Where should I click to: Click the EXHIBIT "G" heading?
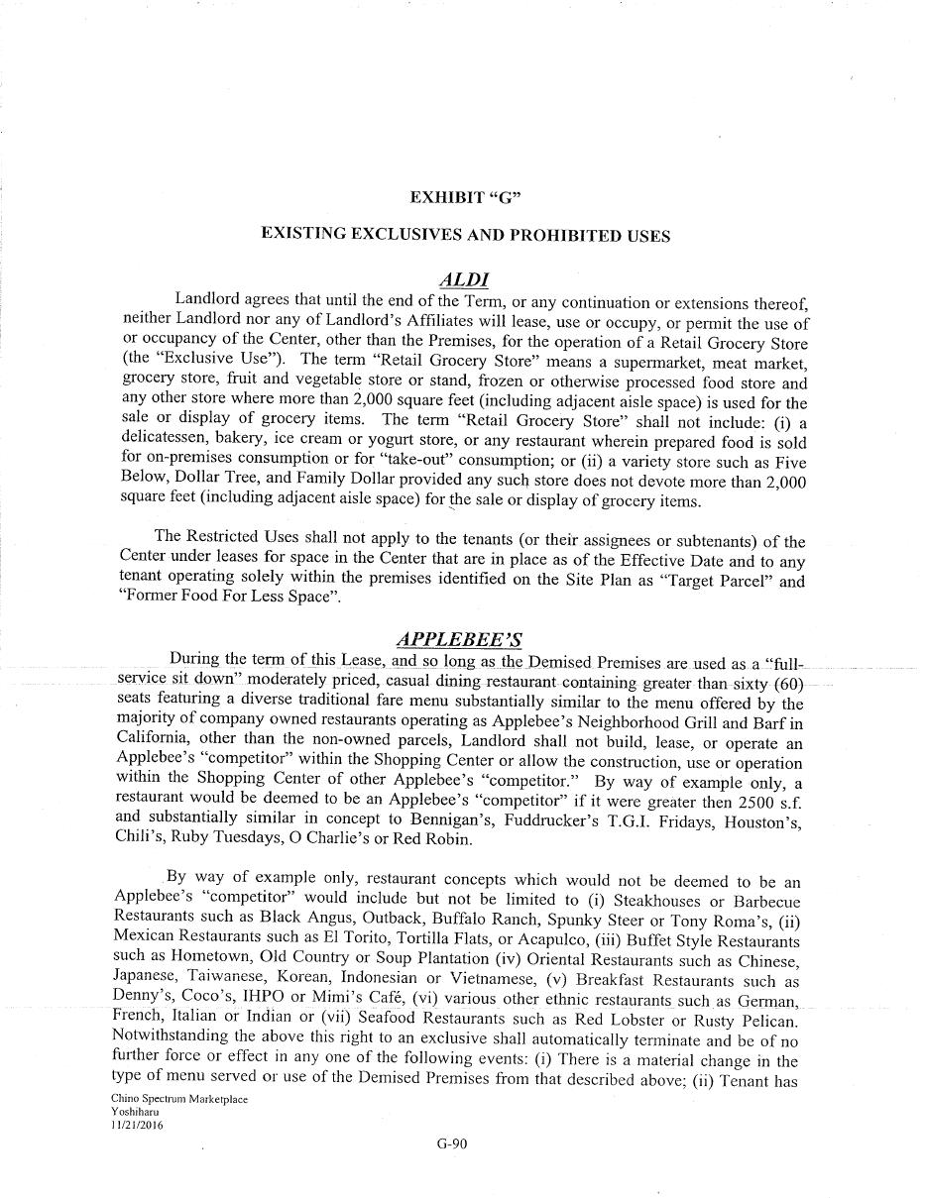coord(465,197)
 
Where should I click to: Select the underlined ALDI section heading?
coord(465,280)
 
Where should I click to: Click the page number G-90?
coord(451,1144)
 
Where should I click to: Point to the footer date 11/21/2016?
coord(138,1126)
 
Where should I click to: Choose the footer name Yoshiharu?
coord(135,1113)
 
